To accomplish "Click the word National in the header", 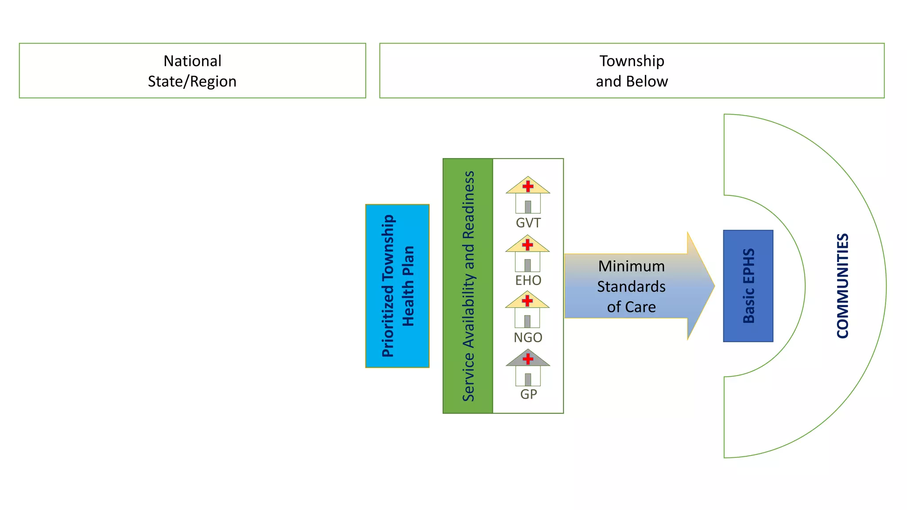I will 192,61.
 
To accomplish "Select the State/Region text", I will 192,81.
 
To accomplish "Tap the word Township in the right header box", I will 632,61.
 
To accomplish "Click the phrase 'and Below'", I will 632,81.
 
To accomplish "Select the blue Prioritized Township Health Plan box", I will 397,286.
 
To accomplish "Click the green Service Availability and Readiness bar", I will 468,286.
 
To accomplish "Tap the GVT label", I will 528,223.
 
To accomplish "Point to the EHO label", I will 528,280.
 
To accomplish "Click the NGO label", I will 528,337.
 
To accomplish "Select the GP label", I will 528,394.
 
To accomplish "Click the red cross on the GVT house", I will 528,186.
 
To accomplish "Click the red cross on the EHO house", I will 527,244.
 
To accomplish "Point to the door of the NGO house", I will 527,321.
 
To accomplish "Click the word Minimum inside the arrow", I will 631,266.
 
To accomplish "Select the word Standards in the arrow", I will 631,286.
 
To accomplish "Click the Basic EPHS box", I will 748,286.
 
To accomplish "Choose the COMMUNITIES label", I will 842,286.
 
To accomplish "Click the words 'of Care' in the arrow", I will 631,307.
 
